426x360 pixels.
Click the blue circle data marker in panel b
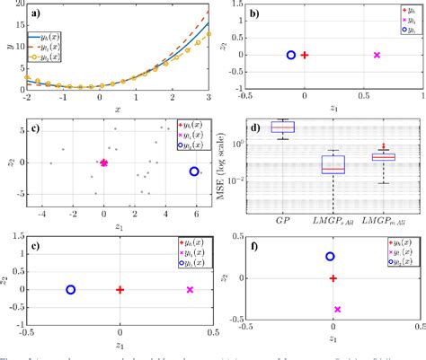[x=290, y=56]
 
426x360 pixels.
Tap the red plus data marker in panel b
[x=305, y=56]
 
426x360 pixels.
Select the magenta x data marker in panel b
[x=377, y=56]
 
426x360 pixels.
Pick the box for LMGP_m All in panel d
[x=384, y=156]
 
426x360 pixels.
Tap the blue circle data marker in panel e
[x=71, y=290]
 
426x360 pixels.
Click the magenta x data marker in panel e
[x=190, y=290]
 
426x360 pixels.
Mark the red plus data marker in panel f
[x=333, y=278]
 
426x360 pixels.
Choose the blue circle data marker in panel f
[x=330, y=257]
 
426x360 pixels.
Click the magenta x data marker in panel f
[x=337, y=309]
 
